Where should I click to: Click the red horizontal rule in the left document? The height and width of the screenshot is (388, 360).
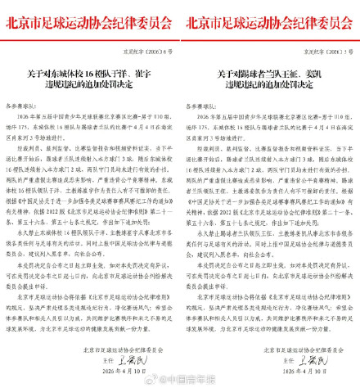(x=90, y=35)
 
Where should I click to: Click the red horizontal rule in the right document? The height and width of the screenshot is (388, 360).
(x=270, y=35)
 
